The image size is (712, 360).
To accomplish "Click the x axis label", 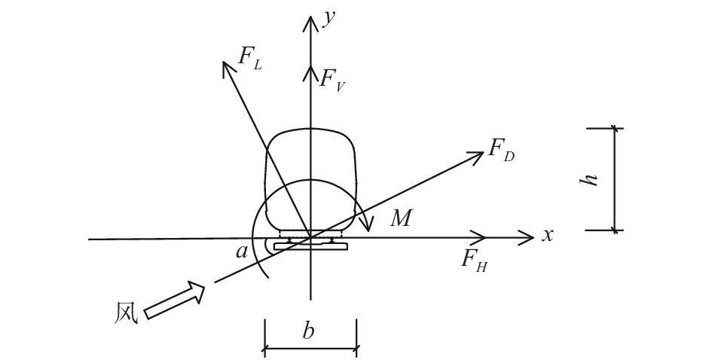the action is click(548, 235).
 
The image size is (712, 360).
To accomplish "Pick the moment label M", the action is click(401, 219).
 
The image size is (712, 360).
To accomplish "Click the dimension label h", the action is click(592, 179).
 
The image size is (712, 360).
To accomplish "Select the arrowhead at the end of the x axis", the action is click(528, 239).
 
